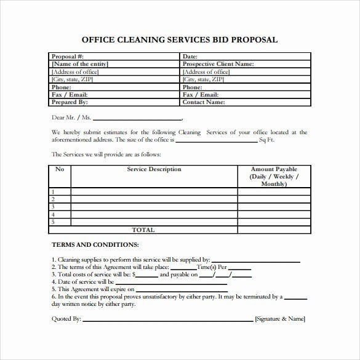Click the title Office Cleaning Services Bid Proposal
[x=180, y=40]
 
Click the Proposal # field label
[x=70, y=57]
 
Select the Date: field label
[x=190, y=57]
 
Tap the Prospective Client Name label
[x=218, y=64]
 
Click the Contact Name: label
[x=204, y=102]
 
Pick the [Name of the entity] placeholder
[x=80, y=64]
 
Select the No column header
[x=60, y=169]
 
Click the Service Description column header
[x=154, y=169]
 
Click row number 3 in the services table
[x=53, y=207]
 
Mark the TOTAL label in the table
[x=144, y=230]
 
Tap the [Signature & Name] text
[x=280, y=319]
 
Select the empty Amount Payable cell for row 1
[x=274, y=192]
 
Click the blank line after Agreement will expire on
[x=182, y=290]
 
